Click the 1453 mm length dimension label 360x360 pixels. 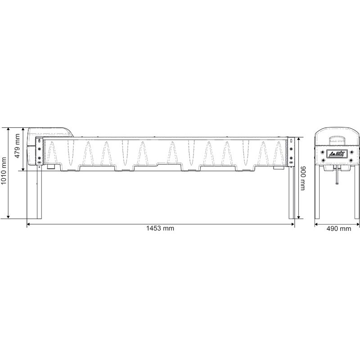click(x=160, y=229)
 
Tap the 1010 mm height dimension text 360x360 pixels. click(x=4, y=173)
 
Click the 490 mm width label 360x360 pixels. click(x=338, y=229)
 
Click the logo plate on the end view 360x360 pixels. click(x=336, y=154)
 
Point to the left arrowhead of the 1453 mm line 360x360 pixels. click(x=29, y=223)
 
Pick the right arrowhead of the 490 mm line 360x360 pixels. click(x=357, y=223)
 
